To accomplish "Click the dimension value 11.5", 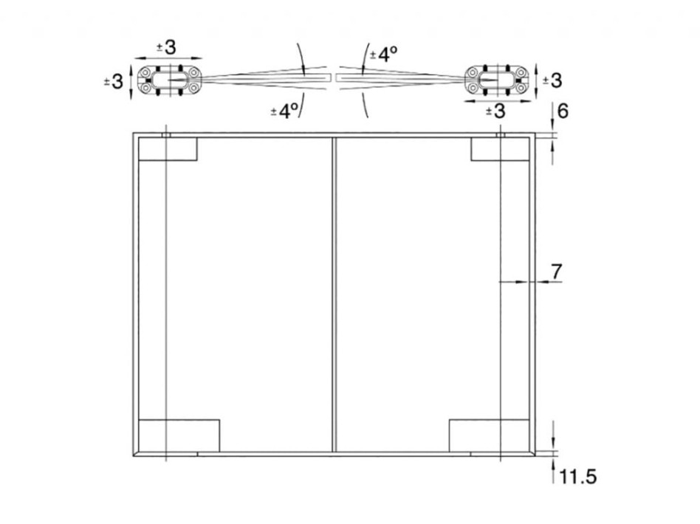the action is click(x=577, y=477).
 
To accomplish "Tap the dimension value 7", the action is click(x=556, y=272).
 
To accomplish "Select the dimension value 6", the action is click(x=563, y=111).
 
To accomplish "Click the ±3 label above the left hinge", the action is click(x=167, y=47).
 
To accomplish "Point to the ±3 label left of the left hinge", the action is click(x=113, y=82).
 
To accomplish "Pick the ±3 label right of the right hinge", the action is click(x=552, y=80).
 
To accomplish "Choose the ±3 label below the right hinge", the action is click(x=495, y=111).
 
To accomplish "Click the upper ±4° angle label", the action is click(x=383, y=55).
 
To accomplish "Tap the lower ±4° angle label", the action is click(x=284, y=111).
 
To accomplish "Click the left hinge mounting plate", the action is click(x=169, y=80).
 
